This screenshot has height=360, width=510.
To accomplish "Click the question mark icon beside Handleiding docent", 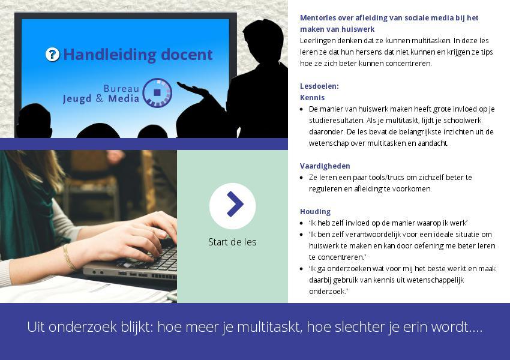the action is [52, 55].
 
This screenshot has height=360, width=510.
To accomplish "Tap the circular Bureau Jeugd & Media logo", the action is [157, 92].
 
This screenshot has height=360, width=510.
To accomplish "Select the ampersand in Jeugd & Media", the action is [100, 98].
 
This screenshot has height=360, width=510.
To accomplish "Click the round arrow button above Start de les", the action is [233, 206].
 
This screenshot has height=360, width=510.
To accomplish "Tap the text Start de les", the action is [232, 242].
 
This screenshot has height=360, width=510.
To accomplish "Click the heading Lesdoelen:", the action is [319, 86].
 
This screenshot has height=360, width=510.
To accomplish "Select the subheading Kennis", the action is [312, 98].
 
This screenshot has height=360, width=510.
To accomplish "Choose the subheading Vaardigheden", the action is [325, 166].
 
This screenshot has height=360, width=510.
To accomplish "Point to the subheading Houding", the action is [315, 212].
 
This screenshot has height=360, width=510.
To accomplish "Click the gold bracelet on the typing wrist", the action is [69, 257].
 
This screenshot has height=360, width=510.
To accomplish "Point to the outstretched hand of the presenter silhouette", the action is [193, 89].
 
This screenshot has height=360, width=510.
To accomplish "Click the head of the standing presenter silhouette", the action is [263, 38].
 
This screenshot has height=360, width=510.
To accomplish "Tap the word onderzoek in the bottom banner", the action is [83, 327].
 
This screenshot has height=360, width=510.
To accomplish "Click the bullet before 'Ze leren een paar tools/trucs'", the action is [302, 178].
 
